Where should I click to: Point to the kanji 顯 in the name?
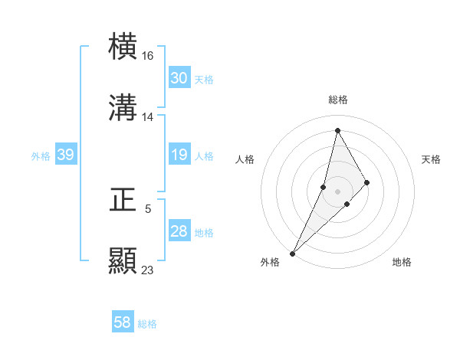click(123, 260)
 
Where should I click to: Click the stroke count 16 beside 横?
click(148, 56)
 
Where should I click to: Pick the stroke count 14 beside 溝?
click(148, 117)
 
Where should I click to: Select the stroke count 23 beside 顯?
click(148, 270)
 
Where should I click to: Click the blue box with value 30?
click(179, 78)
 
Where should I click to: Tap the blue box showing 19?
click(179, 155)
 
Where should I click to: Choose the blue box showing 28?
click(179, 231)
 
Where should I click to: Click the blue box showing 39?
click(65, 155)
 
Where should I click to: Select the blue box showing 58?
click(123, 322)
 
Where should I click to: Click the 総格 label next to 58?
click(147, 324)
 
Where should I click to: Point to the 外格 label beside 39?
click(41, 156)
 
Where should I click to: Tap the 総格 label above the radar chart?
click(338, 100)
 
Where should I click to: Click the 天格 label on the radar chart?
click(432, 159)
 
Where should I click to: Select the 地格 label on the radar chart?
click(402, 263)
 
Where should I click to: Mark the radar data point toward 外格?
click(293, 253)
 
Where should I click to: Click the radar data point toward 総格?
click(337, 130)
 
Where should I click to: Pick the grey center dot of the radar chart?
click(337, 191)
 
